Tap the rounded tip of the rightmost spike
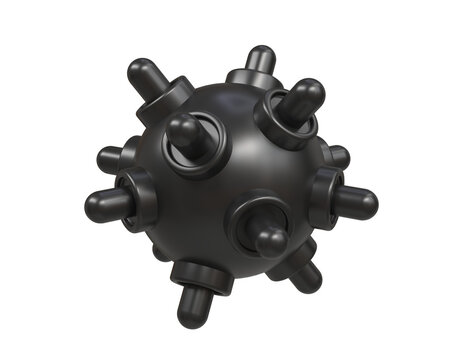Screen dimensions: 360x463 tap(368, 205)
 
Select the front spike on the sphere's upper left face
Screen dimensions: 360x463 tap(183, 130)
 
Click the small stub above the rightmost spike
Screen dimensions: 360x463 tap(340, 156)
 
